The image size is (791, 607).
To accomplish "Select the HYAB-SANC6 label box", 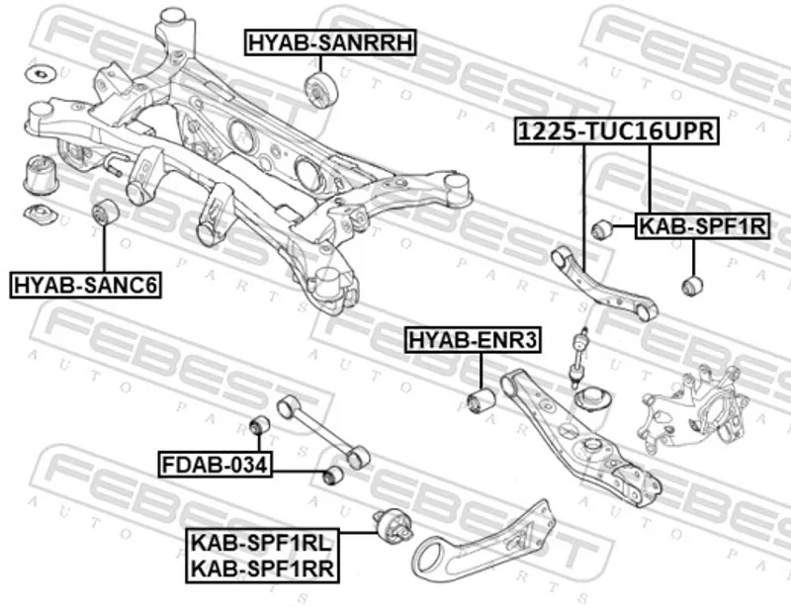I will tap(86, 286).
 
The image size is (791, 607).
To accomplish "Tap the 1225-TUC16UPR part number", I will tap(616, 131).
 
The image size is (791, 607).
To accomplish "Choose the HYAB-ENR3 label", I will tap(473, 342).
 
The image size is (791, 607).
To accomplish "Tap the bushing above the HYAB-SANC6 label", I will tap(105, 212).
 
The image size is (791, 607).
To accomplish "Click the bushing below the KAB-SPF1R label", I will tap(693, 287).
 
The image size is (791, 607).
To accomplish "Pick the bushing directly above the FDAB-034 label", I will tap(260, 426).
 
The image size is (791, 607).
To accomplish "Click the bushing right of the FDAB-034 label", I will tap(334, 476).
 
